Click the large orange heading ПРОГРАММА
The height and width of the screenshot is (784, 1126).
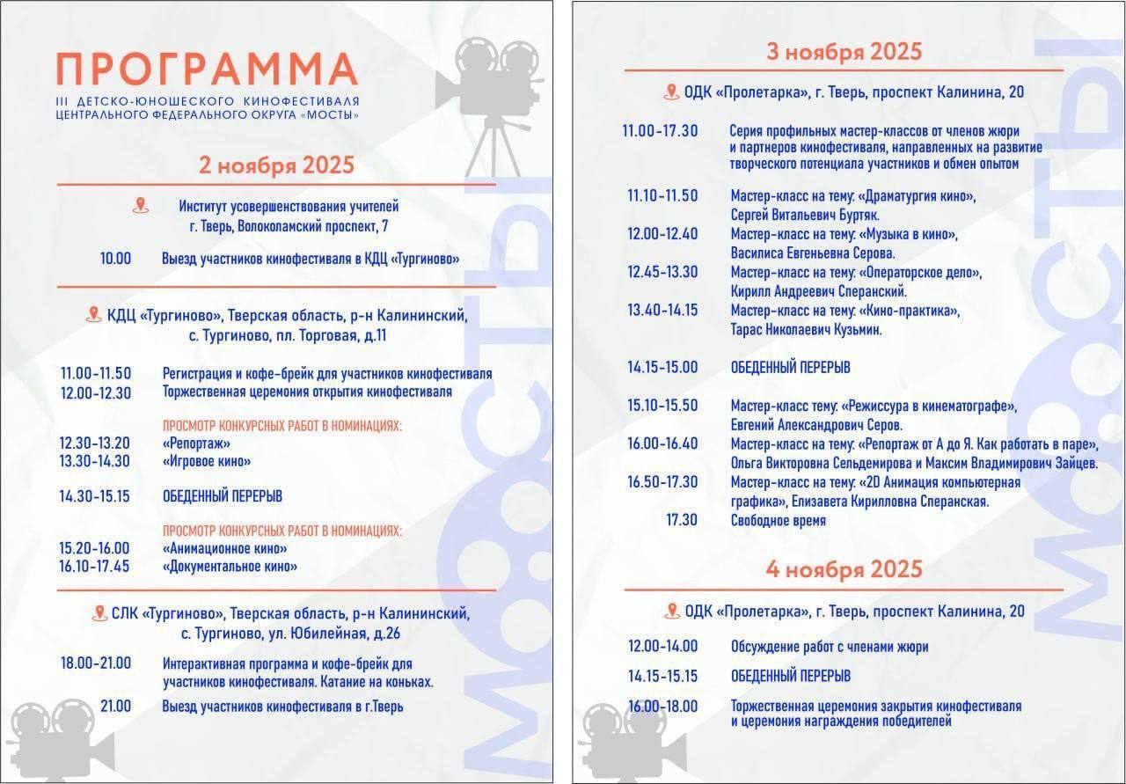(208, 70)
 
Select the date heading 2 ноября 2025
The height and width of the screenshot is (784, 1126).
(276, 165)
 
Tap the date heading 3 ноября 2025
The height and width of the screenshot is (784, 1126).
(844, 51)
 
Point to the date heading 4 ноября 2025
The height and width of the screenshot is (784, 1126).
(844, 568)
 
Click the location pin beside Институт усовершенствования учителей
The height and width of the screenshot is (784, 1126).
(140, 207)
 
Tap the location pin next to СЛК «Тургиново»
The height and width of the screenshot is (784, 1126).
(99, 613)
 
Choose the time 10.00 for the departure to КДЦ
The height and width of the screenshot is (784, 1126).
(115, 259)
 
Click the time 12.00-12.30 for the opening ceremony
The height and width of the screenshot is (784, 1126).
(95, 392)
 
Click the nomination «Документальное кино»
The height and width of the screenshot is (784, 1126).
(230, 567)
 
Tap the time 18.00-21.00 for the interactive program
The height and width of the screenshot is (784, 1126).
(95, 663)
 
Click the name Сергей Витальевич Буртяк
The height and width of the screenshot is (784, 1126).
(805, 215)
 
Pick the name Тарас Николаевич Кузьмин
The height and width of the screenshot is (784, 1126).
(806, 330)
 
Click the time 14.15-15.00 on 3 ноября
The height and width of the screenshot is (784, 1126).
(662, 367)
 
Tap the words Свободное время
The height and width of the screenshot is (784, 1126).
(779, 521)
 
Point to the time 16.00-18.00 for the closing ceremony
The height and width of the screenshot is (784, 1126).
(662, 707)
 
